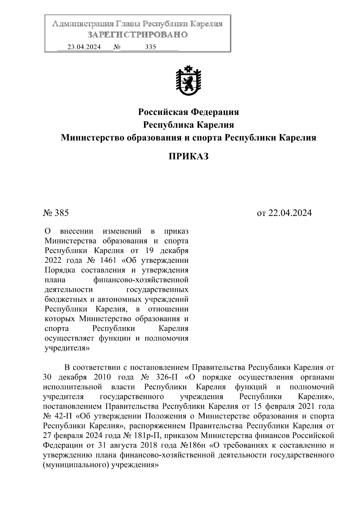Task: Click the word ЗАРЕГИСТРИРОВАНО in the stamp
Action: (137, 35)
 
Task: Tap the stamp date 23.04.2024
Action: (84, 47)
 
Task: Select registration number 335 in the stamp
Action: (150, 47)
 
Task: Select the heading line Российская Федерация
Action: (188, 112)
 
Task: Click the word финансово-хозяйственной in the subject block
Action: (141, 280)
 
